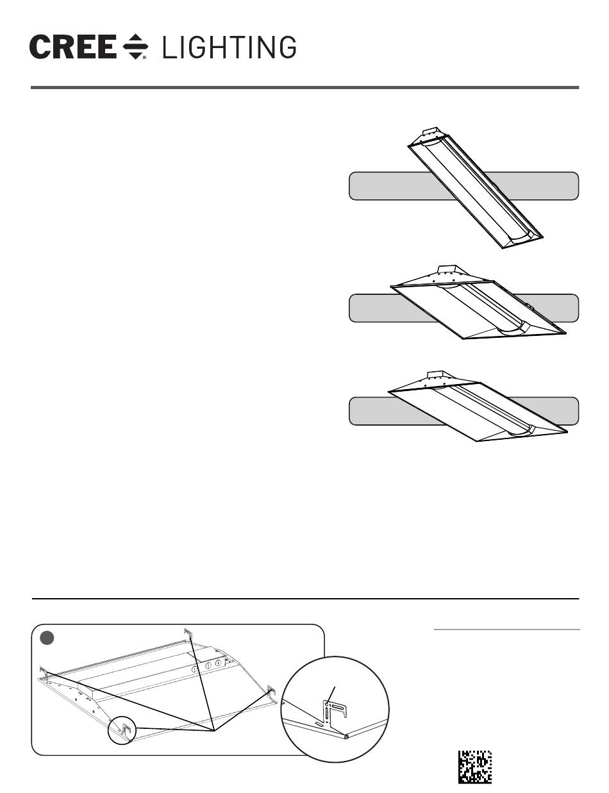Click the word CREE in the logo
(x=73, y=47)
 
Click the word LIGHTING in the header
(x=229, y=47)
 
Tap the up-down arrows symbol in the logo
(x=135, y=47)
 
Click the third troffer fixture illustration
(x=478, y=406)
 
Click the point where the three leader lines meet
(x=213, y=731)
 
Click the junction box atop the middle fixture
(x=447, y=271)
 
